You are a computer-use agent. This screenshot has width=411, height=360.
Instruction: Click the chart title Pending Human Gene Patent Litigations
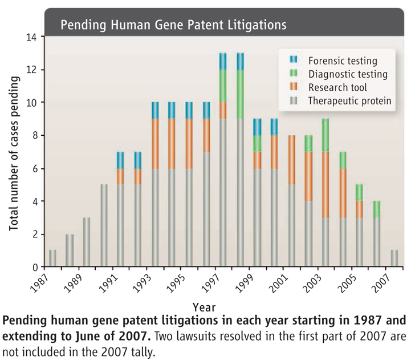point(173,25)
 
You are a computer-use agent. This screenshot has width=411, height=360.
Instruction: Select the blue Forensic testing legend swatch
point(294,59)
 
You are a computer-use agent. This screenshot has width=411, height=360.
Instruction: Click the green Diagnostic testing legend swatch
point(294,74)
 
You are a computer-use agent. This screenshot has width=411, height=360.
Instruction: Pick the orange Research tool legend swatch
point(294,87)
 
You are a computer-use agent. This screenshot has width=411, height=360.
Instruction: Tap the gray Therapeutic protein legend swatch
point(294,101)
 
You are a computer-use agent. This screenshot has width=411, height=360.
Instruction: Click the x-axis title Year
point(204,306)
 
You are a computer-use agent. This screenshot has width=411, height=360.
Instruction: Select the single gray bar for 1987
point(52,258)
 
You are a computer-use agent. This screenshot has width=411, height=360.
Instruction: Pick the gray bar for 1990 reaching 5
point(104,226)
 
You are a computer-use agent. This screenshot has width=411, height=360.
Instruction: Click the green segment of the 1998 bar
point(241,95)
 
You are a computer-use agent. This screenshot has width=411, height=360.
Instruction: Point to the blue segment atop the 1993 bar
point(155,111)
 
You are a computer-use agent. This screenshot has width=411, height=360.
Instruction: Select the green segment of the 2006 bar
point(377,209)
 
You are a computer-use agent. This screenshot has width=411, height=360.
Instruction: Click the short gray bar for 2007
point(394,258)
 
